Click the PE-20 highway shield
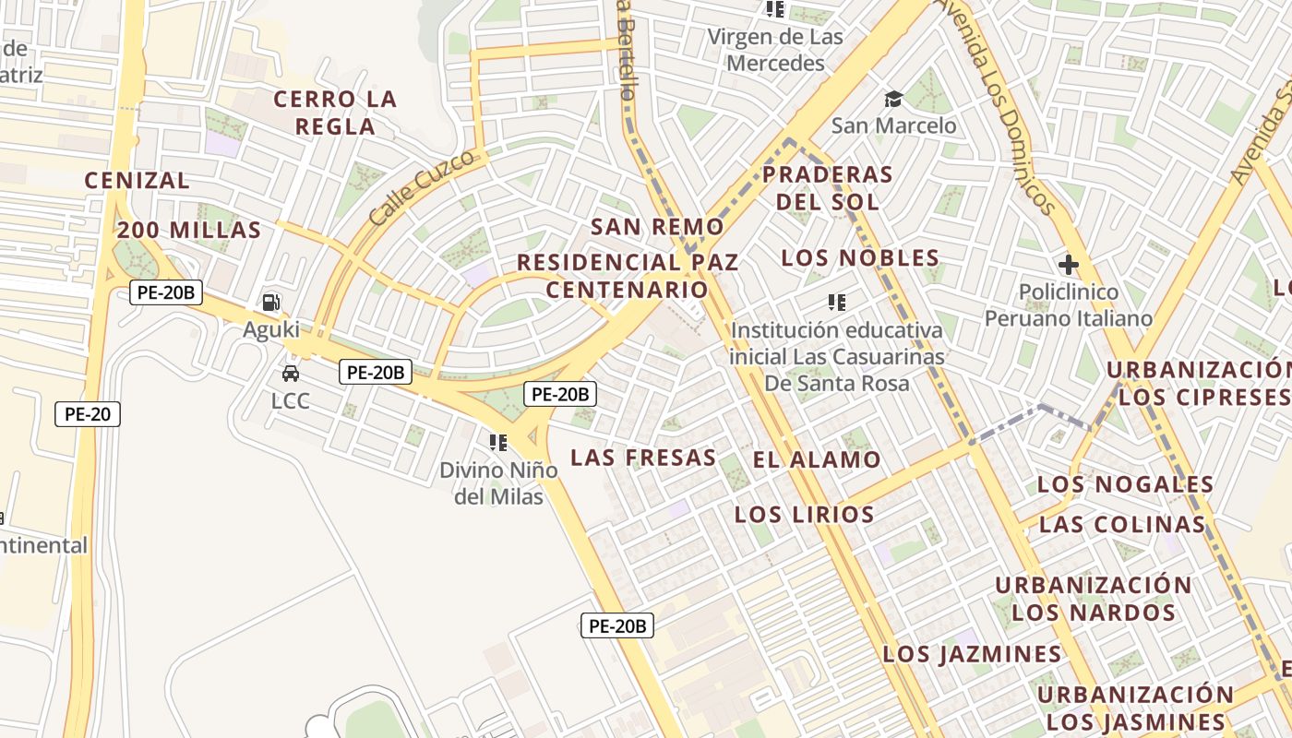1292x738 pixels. click(x=88, y=414)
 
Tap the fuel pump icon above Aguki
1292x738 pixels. click(x=271, y=302)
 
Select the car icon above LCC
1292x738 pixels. click(x=291, y=374)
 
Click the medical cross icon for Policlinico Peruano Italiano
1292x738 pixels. click(x=1069, y=266)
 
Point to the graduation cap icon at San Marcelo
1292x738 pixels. click(x=893, y=99)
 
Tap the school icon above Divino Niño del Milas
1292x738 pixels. click(x=498, y=443)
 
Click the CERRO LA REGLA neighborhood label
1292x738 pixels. click(x=335, y=113)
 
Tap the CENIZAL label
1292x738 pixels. click(x=138, y=181)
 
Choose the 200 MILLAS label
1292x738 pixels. click(x=189, y=231)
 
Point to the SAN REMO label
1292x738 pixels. click(x=657, y=227)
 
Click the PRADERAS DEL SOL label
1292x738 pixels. click(x=828, y=187)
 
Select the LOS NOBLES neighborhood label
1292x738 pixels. click(x=860, y=258)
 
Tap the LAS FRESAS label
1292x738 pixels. click(x=643, y=458)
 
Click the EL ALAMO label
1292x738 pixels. click(x=817, y=459)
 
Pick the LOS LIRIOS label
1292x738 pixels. click(x=804, y=515)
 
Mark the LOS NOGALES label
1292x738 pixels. click(x=1125, y=484)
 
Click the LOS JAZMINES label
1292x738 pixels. click(x=972, y=655)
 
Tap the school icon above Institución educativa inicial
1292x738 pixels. click(x=837, y=302)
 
